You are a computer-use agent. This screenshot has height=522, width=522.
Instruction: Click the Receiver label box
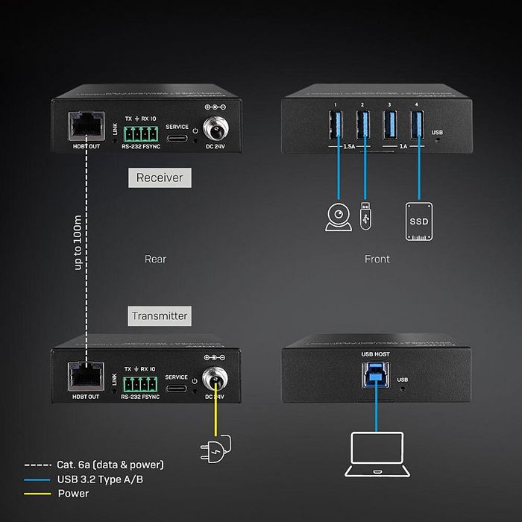point(159,178)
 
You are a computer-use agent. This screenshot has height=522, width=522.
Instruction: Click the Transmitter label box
point(159,315)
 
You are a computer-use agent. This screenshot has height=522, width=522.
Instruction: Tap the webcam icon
point(339,217)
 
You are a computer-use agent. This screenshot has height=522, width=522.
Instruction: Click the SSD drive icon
point(418,221)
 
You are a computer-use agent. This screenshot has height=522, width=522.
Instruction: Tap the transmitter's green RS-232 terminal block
point(140,383)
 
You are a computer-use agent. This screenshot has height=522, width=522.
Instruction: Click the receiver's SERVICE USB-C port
point(177,139)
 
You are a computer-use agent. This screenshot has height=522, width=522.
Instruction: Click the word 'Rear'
point(155,260)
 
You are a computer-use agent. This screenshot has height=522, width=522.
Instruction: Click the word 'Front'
point(377,260)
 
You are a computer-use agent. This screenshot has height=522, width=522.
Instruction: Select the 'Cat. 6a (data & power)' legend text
point(110,465)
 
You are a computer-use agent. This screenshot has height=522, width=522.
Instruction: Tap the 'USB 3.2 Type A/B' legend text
point(100,479)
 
